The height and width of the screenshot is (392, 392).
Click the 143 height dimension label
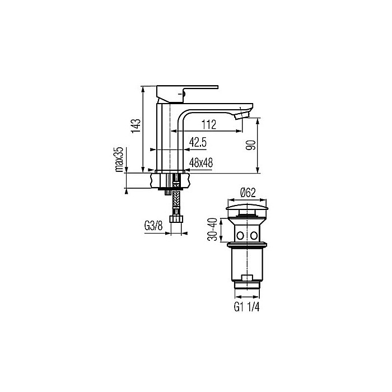click(x=136, y=126)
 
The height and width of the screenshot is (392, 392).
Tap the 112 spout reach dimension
click(x=209, y=124)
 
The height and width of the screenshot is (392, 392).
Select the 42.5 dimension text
click(x=198, y=142)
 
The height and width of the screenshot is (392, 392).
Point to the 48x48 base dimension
click(x=201, y=163)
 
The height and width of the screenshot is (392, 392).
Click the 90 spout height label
click(x=251, y=145)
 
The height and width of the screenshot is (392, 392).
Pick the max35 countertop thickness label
click(x=119, y=159)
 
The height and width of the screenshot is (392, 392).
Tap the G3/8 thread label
click(x=153, y=226)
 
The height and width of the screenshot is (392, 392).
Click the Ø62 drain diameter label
click(x=248, y=193)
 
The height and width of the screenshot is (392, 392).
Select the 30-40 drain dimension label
click(x=212, y=230)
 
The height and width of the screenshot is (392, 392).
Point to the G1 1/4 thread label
click(x=246, y=307)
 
